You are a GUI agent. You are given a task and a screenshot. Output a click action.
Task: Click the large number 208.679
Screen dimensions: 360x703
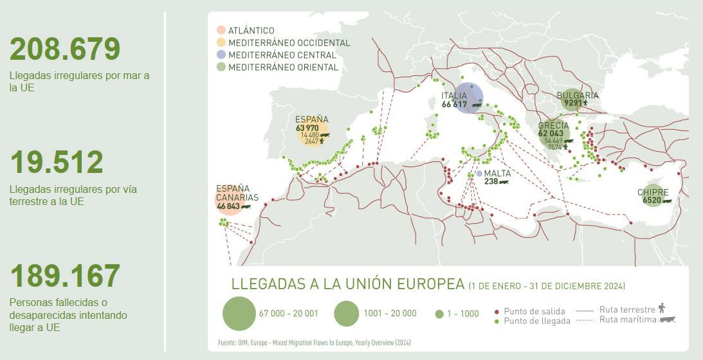pyautogui.click(x=65, y=50)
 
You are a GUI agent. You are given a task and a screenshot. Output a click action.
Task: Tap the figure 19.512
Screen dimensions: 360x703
pyautogui.click(x=57, y=163)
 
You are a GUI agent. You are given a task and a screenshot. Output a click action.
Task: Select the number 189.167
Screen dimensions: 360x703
pyautogui.click(x=65, y=276)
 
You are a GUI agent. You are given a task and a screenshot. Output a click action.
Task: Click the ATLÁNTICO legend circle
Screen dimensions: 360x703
pyautogui.click(x=221, y=30)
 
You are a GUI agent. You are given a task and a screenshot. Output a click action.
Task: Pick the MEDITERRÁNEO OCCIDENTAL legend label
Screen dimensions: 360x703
pyautogui.click(x=289, y=43)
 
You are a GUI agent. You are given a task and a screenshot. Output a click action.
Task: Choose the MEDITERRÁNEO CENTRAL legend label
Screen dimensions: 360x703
pyautogui.click(x=282, y=55)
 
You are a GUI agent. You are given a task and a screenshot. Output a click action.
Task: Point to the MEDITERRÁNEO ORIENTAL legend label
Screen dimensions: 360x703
pyautogui.click(x=283, y=67)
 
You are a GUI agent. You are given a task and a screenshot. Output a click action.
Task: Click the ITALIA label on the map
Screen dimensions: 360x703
pyautogui.click(x=454, y=96)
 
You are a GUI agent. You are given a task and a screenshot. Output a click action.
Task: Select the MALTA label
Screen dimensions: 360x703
pyautogui.click(x=497, y=174)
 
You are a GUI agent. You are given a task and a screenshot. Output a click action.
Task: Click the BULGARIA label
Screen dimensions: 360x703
pyautogui.click(x=577, y=95)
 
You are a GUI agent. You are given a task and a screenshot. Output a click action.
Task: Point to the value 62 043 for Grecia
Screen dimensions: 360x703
pyautogui.click(x=551, y=134)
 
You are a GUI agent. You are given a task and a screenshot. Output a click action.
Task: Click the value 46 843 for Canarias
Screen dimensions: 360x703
pyautogui.click(x=228, y=206)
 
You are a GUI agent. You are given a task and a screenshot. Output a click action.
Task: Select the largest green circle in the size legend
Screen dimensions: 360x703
pyautogui.click(x=239, y=314)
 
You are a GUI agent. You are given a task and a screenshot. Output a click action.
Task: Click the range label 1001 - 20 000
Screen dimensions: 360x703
pyautogui.click(x=390, y=314)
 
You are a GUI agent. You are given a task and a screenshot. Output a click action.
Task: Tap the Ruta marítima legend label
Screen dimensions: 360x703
pyautogui.click(x=627, y=319)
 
